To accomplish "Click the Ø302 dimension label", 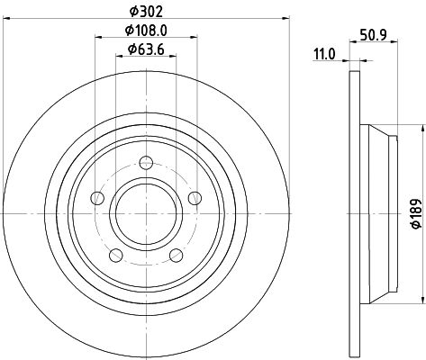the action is coord(146,12).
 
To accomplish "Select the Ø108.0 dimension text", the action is coord(146,31).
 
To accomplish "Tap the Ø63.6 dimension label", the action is coord(146,49).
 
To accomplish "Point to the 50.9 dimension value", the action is coord(373,35).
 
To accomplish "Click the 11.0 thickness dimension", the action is coord(324,55).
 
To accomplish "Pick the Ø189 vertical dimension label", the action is coord(416,213).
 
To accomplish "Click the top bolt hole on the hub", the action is coord(146,163).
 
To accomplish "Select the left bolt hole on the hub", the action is coord(97,198).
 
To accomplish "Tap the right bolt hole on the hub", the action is coord(195,198).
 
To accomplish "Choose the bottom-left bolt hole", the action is coord(116,256).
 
